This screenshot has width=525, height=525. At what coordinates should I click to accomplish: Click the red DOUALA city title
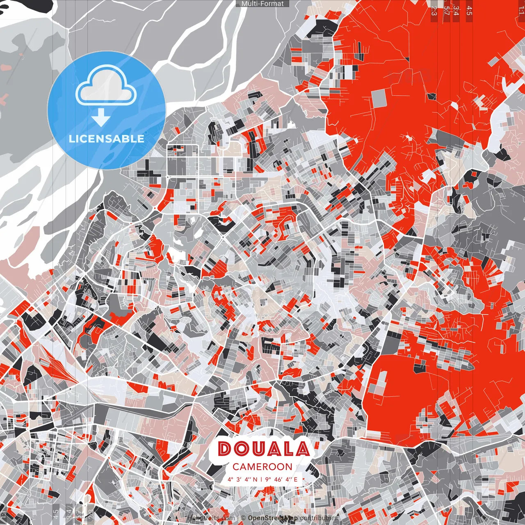(263, 449)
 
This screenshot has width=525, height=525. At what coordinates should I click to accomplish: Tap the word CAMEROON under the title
(262, 467)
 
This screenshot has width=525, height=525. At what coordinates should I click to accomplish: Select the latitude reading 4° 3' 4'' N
(243, 479)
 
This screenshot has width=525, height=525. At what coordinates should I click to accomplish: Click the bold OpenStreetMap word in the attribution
(273, 518)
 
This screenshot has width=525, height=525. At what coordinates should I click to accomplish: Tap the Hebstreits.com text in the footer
(211, 518)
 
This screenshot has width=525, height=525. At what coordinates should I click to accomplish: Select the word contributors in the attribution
(319, 518)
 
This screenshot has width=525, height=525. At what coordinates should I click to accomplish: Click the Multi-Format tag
(262, 4)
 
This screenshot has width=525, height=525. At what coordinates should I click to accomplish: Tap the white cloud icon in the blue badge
(106, 87)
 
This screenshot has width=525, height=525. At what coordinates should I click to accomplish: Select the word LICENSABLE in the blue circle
(107, 139)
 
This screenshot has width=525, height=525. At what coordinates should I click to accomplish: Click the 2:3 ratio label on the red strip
(434, 10)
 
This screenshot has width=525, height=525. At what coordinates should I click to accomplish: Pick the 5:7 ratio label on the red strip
(446, 10)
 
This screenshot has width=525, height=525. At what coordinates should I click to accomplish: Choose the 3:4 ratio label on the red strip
(456, 10)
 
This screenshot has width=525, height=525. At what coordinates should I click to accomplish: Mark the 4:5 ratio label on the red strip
(469, 10)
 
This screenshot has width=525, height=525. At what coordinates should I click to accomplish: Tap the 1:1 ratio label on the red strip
(521, 8)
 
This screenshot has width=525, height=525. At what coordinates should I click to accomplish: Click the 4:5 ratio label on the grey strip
(56, 514)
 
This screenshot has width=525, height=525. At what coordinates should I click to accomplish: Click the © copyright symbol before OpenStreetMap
(243, 518)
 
